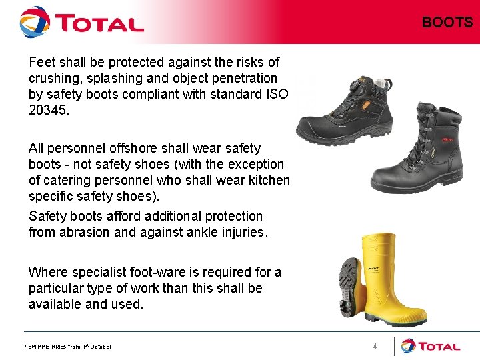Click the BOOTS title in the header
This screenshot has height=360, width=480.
point(447,22)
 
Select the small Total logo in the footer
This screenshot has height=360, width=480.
point(431,346)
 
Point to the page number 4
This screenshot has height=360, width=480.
point(375,346)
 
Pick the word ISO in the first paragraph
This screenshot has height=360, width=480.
point(275,94)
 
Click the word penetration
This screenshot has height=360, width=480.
point(241,78)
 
